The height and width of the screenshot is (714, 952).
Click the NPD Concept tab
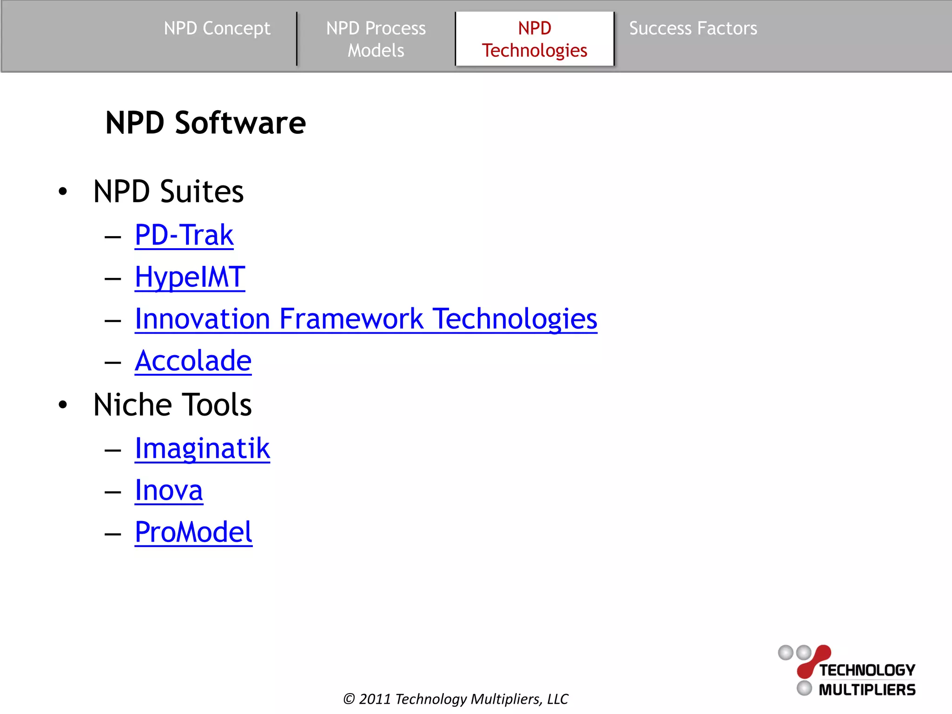coord(217,29)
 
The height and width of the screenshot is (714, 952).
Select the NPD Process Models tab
coord(376,39)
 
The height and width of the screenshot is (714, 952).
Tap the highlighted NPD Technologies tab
coord(535,39)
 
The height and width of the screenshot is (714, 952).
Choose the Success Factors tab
coord(693,29)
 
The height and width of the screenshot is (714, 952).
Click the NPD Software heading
coord(205,123)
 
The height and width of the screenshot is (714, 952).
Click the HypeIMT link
coord(190,277)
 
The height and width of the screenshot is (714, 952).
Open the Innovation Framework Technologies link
coord(366,319)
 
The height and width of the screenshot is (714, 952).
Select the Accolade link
coord(193,361)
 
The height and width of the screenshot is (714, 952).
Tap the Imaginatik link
coord(202,449)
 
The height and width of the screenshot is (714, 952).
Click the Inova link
coord(169,490)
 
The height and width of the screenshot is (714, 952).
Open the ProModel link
coord(193,532)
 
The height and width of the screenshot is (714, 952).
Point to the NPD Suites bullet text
coord(168,192)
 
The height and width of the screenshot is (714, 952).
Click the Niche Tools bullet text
coord(172,405)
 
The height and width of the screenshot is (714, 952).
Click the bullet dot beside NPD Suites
coord(63,192)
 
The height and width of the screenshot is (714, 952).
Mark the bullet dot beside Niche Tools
coord(63,405)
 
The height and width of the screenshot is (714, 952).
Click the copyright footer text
coord(456,699)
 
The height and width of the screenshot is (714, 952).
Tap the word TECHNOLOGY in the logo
coord(867,670)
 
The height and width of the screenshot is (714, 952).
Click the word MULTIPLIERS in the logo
coord(867,690)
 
